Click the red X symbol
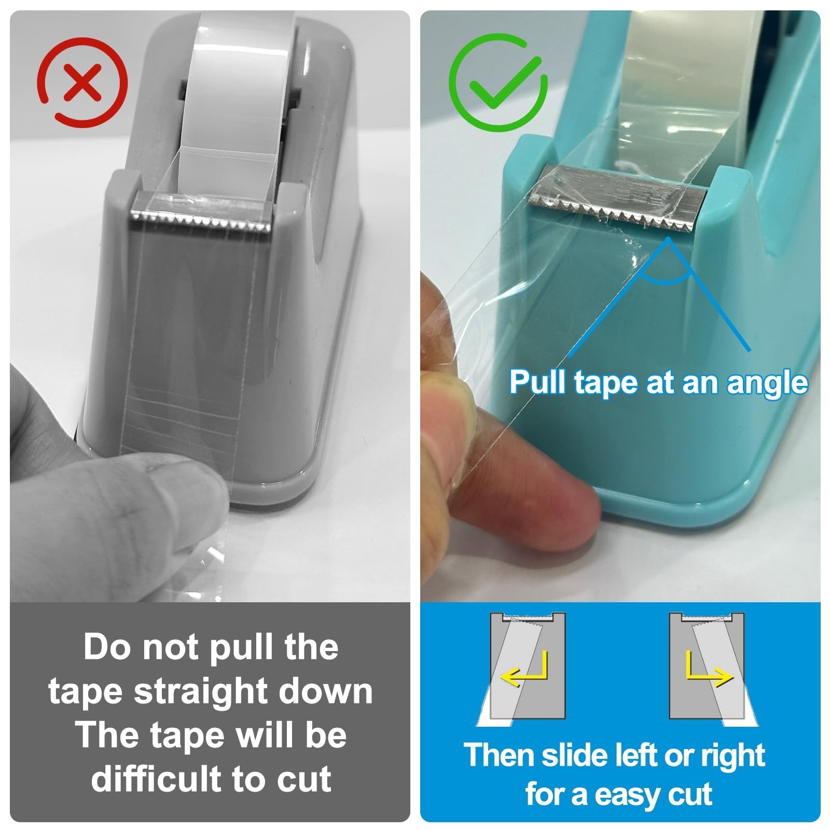(82, 82)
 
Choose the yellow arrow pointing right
(709, 669)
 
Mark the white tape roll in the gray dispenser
(239, 88)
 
